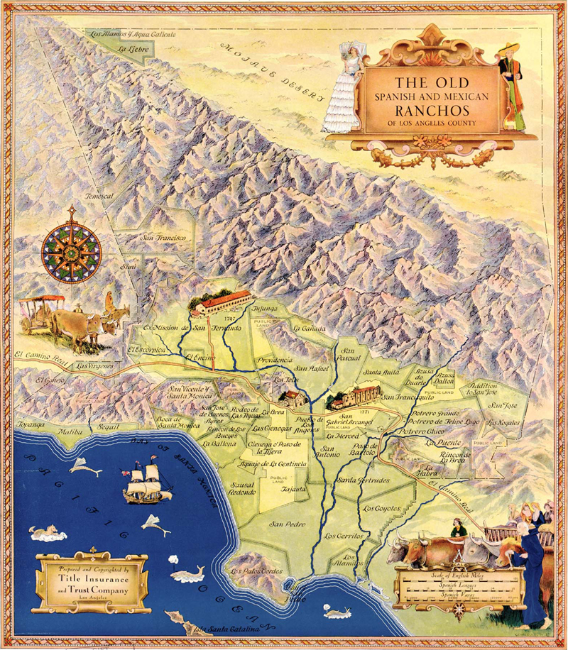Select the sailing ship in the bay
coord(147,483)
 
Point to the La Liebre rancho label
coord(133,49)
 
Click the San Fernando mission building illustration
coord(220,303)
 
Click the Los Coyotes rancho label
coord(381,509)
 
